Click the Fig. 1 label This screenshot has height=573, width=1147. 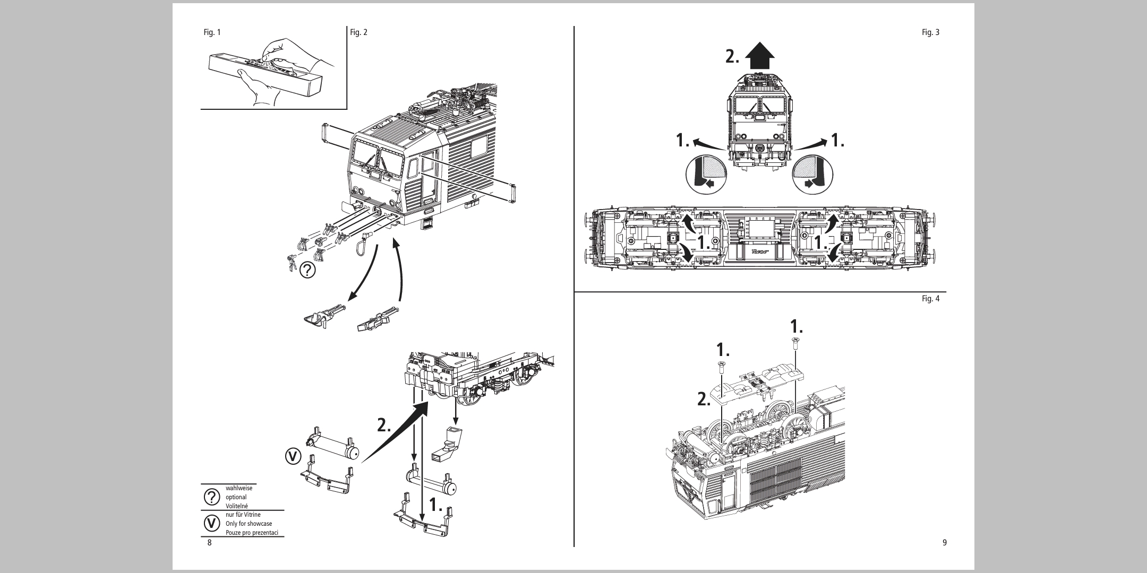(x=212, y=32)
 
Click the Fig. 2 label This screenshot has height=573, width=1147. (x=358, y=32)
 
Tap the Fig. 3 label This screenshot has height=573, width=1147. (x=930, y=32)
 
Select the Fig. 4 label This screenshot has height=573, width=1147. (x=930, y=299)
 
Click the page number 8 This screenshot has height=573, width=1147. (x=209, y=542)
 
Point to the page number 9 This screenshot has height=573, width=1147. (x=944, y=542)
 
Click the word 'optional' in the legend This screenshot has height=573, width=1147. (x=236, y=497)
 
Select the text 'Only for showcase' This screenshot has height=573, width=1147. (x=249, y=524)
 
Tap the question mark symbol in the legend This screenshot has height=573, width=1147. (x=212, y=497)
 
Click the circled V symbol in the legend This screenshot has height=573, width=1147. (x=212, y=523)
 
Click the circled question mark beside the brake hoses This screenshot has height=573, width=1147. (x=307, y=271)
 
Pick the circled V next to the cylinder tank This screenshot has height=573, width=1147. (x=293, y=456)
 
